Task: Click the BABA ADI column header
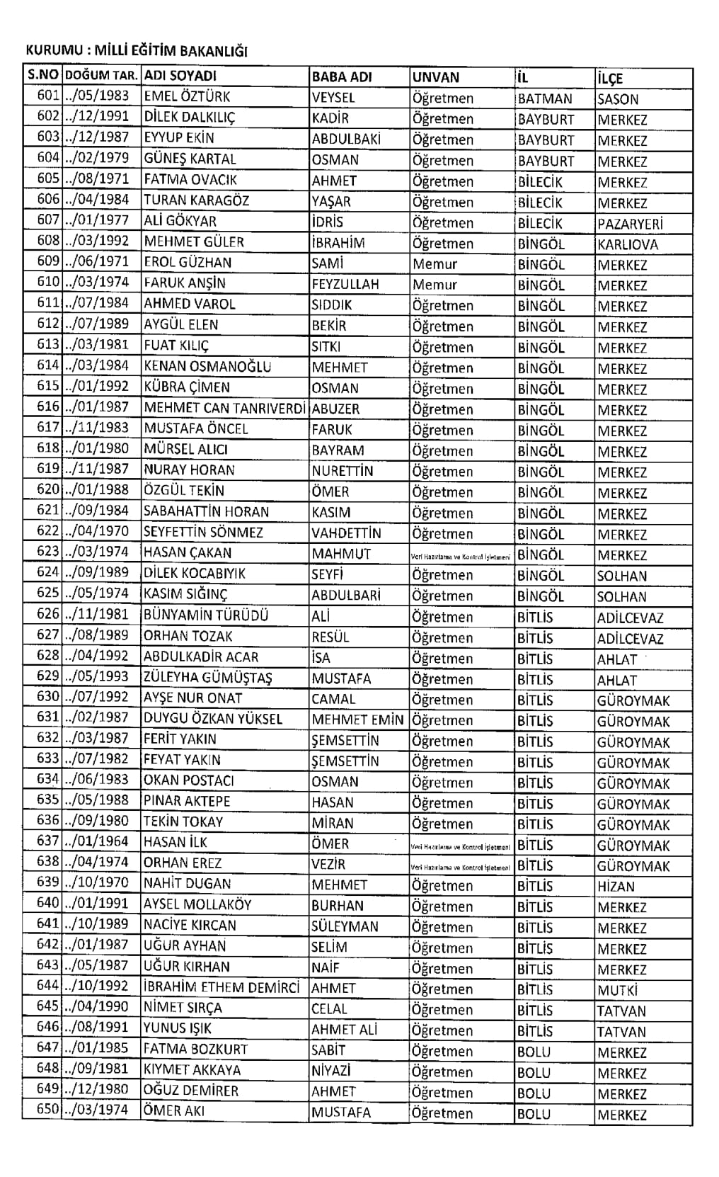(342, 76)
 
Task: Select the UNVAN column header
(436, 77)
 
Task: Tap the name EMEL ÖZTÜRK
(187, 97)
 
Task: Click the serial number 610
(48, 282)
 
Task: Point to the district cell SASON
(618, 99)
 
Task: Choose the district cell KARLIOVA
(628, 244)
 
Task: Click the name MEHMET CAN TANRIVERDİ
(225, 409)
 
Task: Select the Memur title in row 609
(435, 264)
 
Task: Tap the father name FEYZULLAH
(345, 284)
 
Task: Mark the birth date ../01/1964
(97, 841)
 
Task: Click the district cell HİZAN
(616, 886)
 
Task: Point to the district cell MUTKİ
(617, 990)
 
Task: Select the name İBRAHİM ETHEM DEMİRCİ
(222, 987)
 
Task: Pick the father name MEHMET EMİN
(357, 720)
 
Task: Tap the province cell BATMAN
(545, 98)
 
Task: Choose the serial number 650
(48, 1110)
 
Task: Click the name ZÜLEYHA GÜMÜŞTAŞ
(208, 678)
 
